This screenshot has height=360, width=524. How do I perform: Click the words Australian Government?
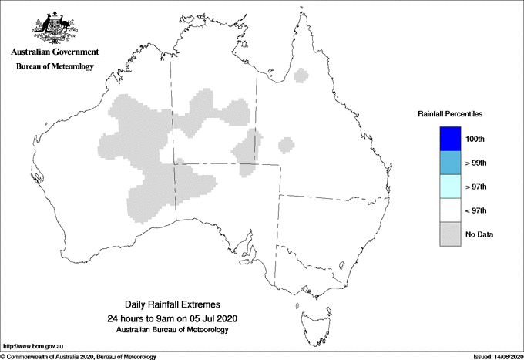click(x=55, y=52)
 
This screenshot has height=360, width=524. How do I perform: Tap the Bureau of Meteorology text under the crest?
click(x=55, y=66)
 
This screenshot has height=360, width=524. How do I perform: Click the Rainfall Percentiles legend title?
click(x=450, y=113)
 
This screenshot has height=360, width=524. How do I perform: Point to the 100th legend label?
click(x=475, y=140)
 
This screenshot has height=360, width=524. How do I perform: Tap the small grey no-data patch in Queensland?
click(x=286, y=144)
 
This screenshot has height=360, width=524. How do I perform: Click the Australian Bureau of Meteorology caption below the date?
click(x=171, y=330)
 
